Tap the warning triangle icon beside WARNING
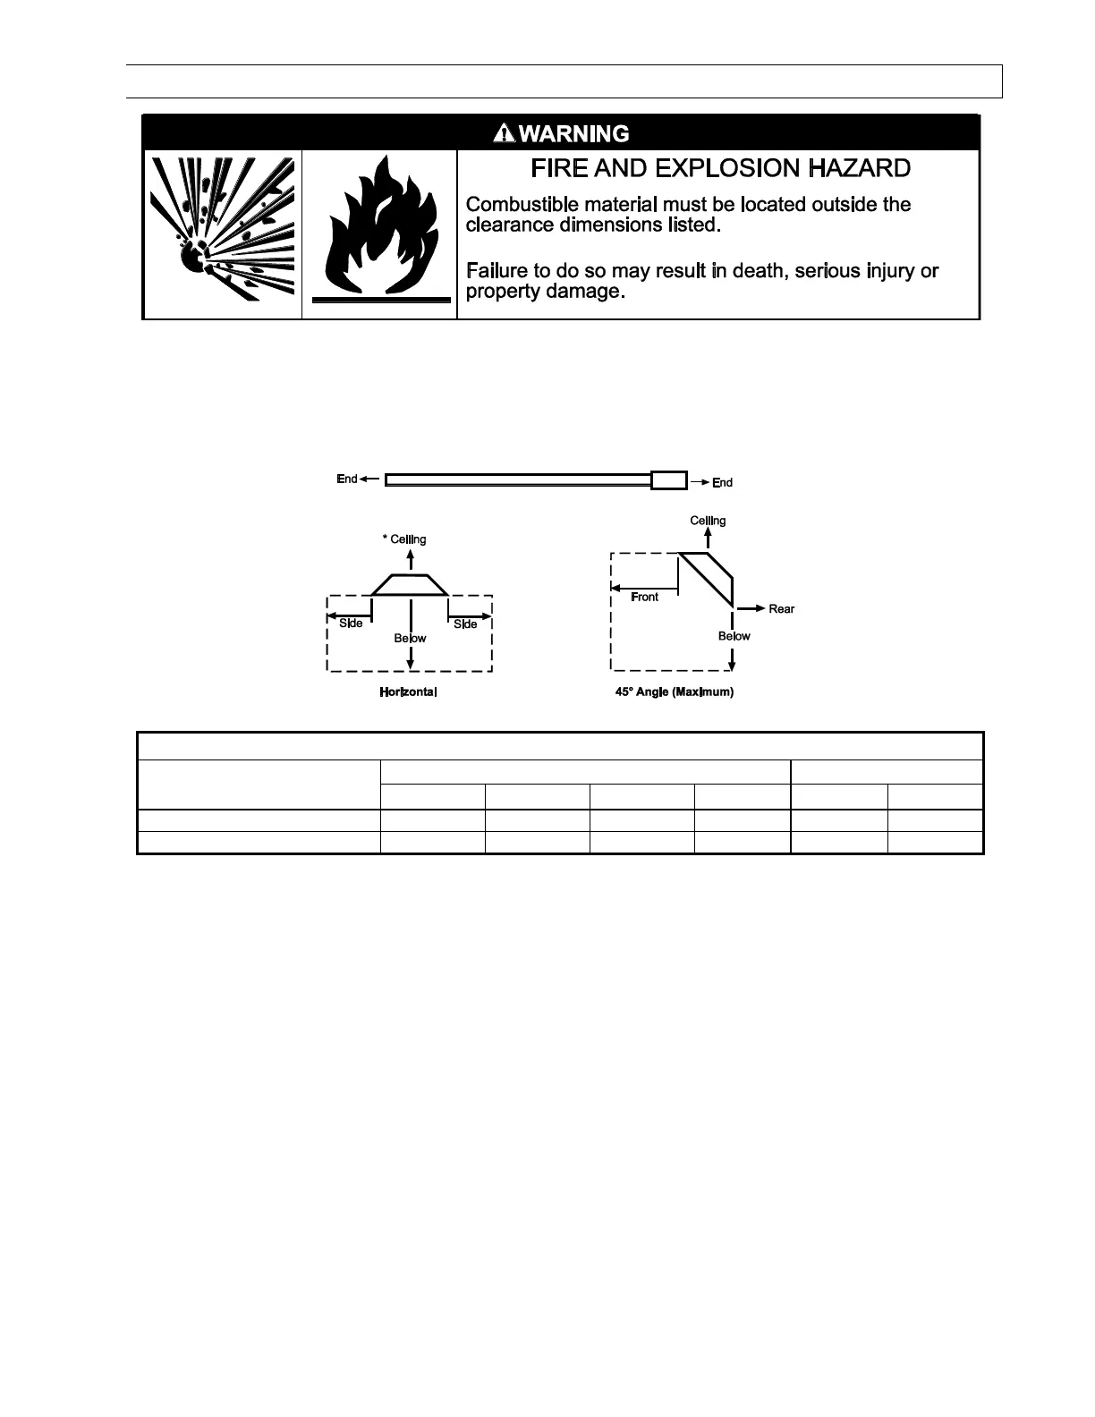505,133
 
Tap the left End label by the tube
347,479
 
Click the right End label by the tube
722,483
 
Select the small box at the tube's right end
669,480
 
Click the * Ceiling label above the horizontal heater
404,539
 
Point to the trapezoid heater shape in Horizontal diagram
410,584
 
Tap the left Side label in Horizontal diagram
351,624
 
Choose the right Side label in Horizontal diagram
465,624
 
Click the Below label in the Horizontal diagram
410,639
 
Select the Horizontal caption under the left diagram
408,692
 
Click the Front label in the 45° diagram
644,597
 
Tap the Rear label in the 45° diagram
781,609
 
